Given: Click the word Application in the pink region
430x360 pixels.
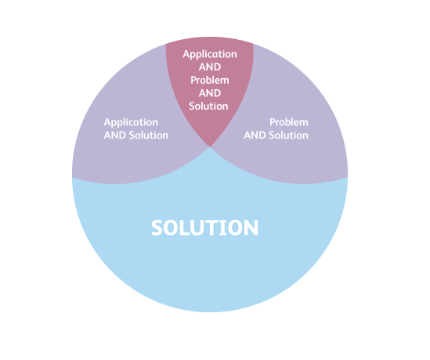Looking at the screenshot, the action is click(x=210, y=55).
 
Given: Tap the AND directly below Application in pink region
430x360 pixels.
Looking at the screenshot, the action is click(x=210, y=67).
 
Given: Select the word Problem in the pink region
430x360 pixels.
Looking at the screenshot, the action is click(x=210, y=80).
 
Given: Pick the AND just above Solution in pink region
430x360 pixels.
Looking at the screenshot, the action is click(x=210, y=93).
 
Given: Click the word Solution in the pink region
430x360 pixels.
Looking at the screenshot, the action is click(x=208, y=106).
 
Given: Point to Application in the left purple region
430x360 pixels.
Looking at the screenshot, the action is click(x=131, y=122).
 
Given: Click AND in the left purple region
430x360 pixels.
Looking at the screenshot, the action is click(x=115, y=135).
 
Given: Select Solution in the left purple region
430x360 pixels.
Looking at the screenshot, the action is click(x=148, y=135).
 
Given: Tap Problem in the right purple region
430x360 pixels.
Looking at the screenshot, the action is click(x=289, y=122).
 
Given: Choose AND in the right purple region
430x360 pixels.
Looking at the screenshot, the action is click(x=255, y=135).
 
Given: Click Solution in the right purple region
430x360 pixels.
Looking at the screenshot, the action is click(x=288, y=135).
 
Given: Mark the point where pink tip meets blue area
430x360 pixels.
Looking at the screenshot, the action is click(x=210, y=147).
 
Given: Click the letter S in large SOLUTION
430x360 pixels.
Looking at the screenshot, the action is click(x=157, y=228).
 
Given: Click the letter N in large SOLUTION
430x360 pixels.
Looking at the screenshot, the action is click(x=251, y=228).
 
